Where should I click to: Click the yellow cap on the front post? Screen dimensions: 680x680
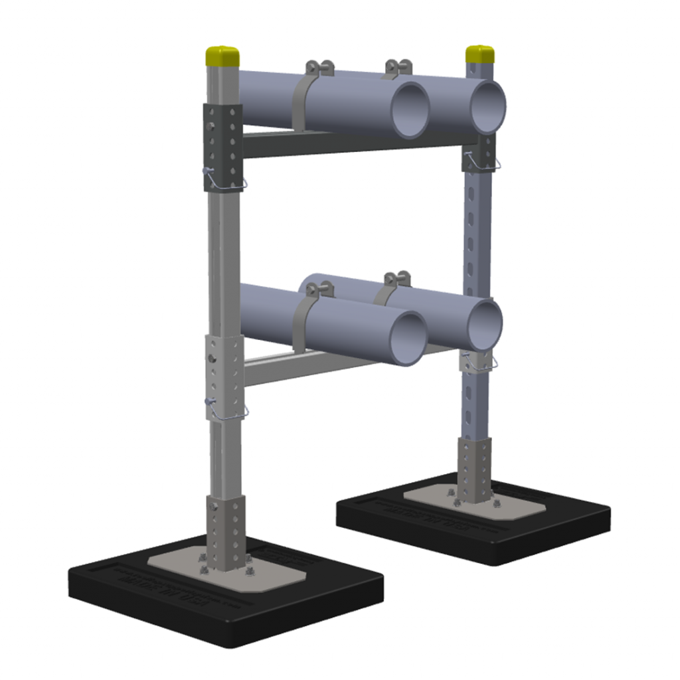click(222, 55)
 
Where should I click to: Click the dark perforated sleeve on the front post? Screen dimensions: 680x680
click(222, 146)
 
